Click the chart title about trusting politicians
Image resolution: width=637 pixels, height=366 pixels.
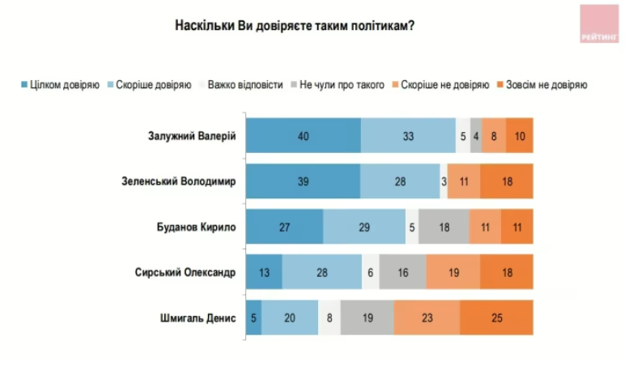coord(295,25)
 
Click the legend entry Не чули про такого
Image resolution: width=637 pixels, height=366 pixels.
coord(341,83)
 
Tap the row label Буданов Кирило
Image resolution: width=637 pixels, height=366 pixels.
coord(197,227)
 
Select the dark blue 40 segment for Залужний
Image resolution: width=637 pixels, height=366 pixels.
coord(303,135)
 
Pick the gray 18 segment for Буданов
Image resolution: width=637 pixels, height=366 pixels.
coord(444,227)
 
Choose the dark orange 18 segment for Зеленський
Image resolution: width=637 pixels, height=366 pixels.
coord(507,181)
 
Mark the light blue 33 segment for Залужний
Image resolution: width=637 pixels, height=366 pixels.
coord(408,135)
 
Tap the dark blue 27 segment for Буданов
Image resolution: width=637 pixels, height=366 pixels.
coord(284,227)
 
